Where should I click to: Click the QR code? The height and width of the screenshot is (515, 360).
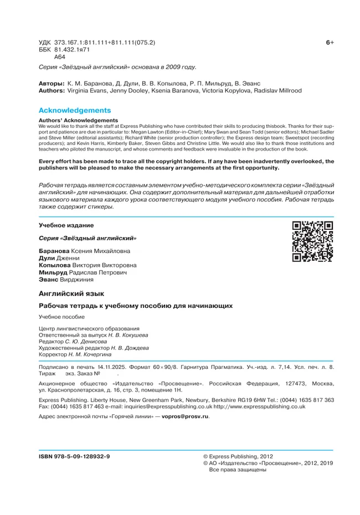tap(312, 241)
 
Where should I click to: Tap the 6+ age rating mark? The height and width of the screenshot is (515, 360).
tap(330, 43)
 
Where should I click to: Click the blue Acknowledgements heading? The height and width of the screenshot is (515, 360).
tap(75, 110)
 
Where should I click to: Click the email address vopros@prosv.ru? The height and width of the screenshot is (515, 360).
tap(185, 416)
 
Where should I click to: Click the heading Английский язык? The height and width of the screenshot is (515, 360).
tap(71, 293)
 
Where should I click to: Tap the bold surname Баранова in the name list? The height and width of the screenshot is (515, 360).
tap(54, 251)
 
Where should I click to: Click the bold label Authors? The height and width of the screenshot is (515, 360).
tap(52, 90)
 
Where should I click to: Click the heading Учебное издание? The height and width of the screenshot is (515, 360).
tap(66, 225)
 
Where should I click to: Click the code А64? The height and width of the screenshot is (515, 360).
tap(60, 56)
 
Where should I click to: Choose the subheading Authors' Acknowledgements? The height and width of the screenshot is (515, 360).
tap(78, 120)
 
